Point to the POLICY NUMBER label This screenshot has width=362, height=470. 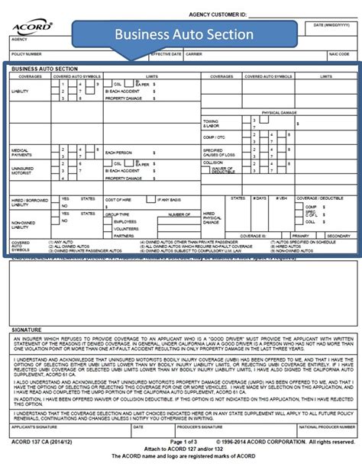[27, 55]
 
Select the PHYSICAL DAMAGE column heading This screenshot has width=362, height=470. [279, 112]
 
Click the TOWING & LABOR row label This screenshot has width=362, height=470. [211, 124]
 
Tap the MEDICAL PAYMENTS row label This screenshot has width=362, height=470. [21, 153]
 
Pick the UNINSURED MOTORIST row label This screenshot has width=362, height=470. [23, 171]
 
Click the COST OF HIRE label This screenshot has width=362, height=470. [118, 200]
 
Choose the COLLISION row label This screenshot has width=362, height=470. [213, 162]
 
